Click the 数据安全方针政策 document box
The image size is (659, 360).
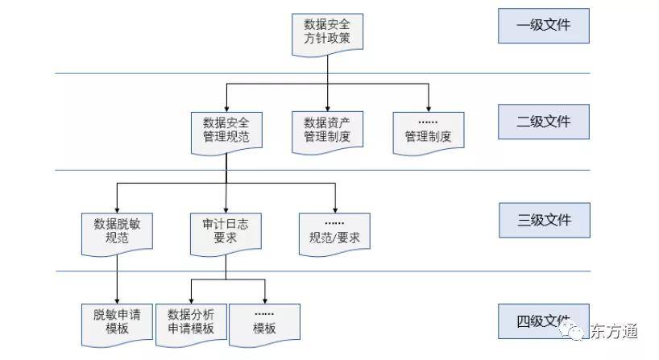(x=327, y=31)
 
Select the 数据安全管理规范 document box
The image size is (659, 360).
(x=226, y=130)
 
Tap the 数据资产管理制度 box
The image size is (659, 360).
(x=327, y=130)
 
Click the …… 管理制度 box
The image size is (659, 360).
(x=428, y=130)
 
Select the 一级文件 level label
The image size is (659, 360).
(x=544, y=25)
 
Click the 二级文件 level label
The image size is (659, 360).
(x=544, y=122)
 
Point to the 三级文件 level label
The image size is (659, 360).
(x=544, y=219)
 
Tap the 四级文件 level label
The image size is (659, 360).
(x=544, y=321)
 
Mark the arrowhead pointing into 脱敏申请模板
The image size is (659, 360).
(x=118, y=300)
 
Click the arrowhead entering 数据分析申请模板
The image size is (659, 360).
(x=191, y=300)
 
